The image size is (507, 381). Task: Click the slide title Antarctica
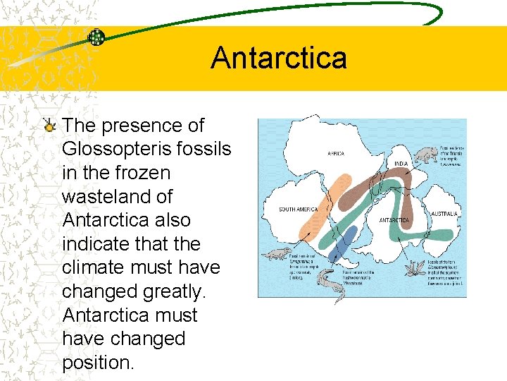[x=278, y=58]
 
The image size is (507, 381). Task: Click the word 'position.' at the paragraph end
[x=97, y=362]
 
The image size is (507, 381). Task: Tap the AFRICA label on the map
[x=336, y=153]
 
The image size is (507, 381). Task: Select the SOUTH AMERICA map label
[x=298, y=210]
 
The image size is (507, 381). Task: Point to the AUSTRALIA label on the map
[x=445, y=213]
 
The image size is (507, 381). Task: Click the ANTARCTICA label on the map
[x=394, y=220]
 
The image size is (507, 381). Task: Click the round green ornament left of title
[x=96, y=37]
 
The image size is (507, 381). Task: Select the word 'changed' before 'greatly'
[x=98, y=291]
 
